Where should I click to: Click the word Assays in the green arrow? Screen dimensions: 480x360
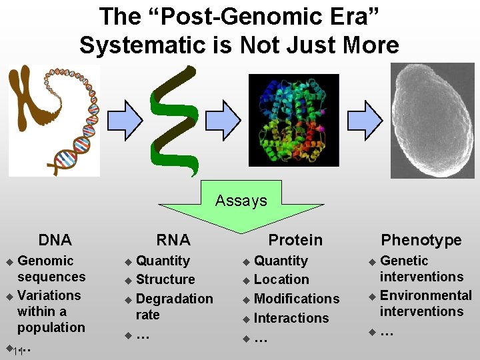(241, 201)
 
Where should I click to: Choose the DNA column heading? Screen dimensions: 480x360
(55, 240)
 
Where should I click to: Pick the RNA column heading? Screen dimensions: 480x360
(173, 240)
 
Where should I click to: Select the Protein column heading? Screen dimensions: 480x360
(295, 240)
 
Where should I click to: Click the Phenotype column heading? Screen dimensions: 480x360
(421, 240)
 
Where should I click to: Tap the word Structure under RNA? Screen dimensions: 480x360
(165, 279)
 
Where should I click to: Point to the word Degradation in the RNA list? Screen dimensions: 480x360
(174, 299)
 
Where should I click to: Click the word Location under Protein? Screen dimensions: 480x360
(281, 279)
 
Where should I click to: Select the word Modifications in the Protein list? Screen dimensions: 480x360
(297, 299)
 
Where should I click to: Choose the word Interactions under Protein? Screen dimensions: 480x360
(291, 318)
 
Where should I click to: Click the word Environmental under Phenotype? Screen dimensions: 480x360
(425, 295)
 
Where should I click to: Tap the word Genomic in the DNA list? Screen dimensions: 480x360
(45, 261)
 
